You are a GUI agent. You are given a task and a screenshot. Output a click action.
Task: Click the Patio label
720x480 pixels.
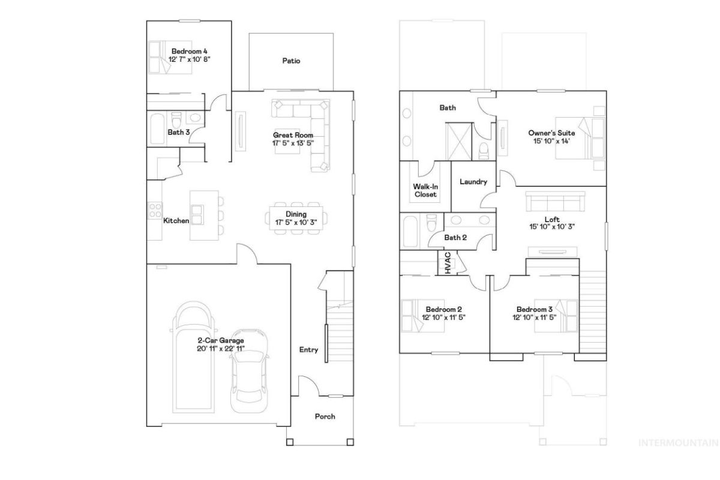(291, 61)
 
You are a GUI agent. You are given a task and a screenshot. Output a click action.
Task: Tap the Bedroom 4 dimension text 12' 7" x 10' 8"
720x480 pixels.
(190, 59)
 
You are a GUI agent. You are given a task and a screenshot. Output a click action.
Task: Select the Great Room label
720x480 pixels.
(293, 135)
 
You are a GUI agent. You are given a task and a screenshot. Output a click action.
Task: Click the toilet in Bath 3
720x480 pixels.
(176, 119)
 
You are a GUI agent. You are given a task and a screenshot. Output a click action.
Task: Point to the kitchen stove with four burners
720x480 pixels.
(155, 210)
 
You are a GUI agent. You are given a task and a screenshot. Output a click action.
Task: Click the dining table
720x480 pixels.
(296, 218)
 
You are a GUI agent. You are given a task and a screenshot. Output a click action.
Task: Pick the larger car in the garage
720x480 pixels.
(193, 357)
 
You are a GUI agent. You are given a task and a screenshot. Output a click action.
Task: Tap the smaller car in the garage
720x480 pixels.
(249, 371)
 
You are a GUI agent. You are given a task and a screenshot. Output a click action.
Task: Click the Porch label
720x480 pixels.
(325, 416)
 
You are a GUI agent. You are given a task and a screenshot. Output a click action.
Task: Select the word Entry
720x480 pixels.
(308, 349)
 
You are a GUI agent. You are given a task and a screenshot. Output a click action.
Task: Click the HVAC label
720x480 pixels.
(448, 263)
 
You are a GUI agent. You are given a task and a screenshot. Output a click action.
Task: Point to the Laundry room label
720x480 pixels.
(473, 182)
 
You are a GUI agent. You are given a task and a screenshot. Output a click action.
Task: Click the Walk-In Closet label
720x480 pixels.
(425, 190)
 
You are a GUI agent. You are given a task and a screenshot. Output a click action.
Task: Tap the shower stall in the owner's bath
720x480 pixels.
(458, 141)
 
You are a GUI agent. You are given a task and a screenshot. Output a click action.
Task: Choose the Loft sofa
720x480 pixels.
(555, 202)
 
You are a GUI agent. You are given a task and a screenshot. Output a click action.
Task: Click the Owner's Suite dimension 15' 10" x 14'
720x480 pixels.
(551, 141)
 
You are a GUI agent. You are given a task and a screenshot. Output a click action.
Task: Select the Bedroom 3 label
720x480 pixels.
(534, 309)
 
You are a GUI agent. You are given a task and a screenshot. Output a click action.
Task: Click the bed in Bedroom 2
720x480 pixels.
(422, 316)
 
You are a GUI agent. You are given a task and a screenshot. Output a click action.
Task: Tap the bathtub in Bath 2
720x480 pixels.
(410, 231)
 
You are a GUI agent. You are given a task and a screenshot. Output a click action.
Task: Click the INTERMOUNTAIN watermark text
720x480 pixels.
(678, 443)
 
